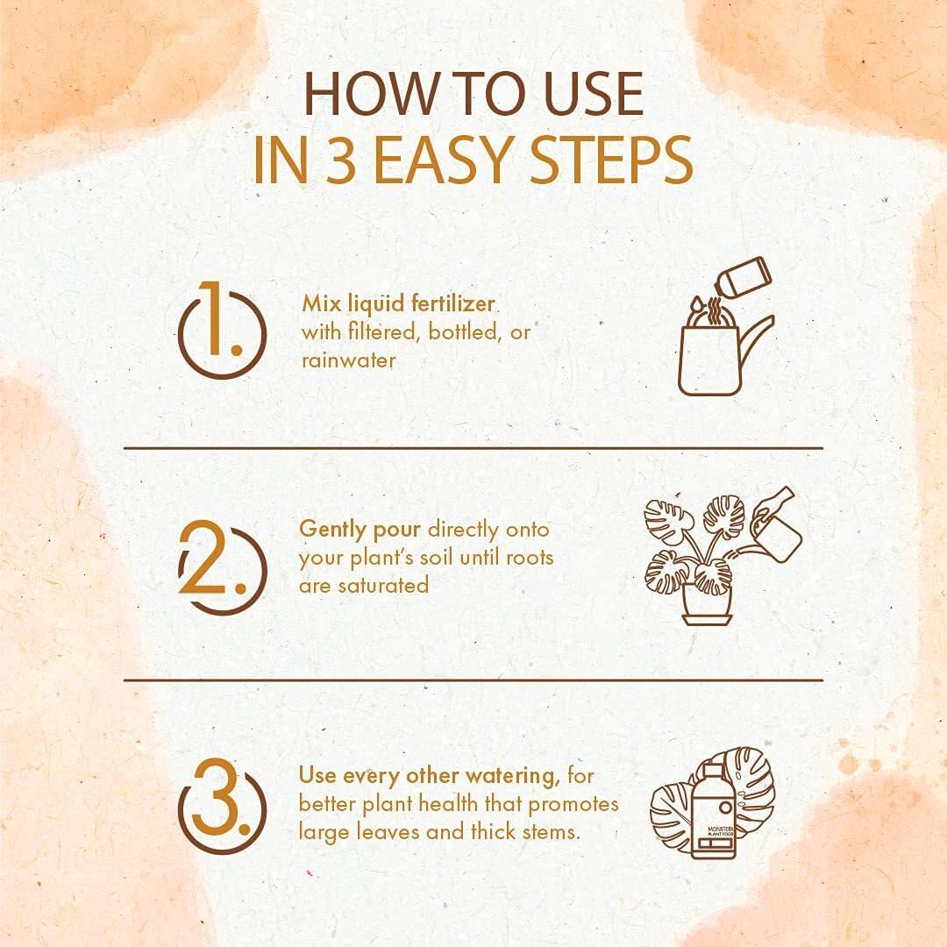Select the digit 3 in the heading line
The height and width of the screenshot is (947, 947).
341,160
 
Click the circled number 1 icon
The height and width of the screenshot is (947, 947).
222,330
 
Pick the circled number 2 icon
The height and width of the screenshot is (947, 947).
222,567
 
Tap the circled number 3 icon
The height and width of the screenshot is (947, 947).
222,807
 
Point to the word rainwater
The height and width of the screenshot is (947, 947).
348,360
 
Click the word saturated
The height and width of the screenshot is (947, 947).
382,585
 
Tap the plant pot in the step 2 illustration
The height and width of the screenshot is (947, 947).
708,601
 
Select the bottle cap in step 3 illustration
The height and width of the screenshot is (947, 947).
712,770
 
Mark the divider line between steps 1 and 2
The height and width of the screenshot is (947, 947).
473,448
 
